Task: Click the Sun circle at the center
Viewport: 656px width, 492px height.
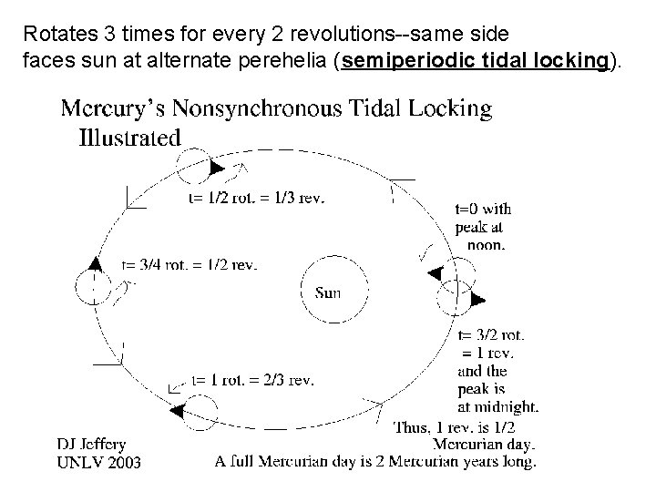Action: (x=327, y=290)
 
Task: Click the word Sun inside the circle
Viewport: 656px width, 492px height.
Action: (x=328, y=292)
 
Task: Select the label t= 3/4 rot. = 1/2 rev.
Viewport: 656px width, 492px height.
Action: (x=190, y=265)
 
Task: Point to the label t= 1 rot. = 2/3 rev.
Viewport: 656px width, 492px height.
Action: (x=252, y=380)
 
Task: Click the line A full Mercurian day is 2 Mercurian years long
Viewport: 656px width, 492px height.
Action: (x=374, y=462)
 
